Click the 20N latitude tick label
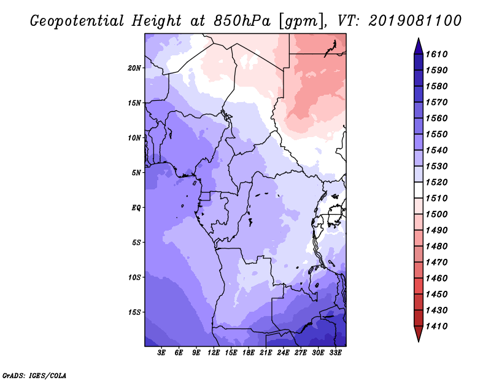(134, 68)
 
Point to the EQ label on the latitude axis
(136, 207)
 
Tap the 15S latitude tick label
(134, 312)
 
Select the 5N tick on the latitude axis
(136, 173)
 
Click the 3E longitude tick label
(162, 353)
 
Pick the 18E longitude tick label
(249, 353)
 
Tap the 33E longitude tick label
(336, 353)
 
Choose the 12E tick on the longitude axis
(214, 353)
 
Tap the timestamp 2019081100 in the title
(416, 20)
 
